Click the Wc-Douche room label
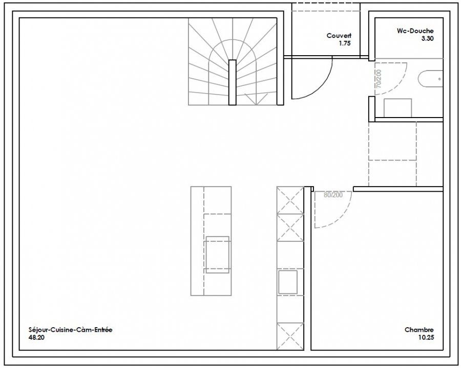[415, 31]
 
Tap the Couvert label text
[339, 36]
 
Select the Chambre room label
[419, 330]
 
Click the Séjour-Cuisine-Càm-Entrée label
[71, 330]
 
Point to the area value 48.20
[36, 337]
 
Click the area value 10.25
[426, 337]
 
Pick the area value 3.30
[428, 38]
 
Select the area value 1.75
[345, 43]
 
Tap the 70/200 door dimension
[379, 79]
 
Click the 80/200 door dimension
[333, 195]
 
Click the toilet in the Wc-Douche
[430, 79]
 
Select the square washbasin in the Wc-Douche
[397, 108]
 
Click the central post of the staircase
[232, 82]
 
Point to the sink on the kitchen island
[218, 255]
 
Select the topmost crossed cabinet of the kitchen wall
[290, 200]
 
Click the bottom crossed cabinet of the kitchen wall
[290, 336]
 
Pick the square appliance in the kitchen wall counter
[288, 282]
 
